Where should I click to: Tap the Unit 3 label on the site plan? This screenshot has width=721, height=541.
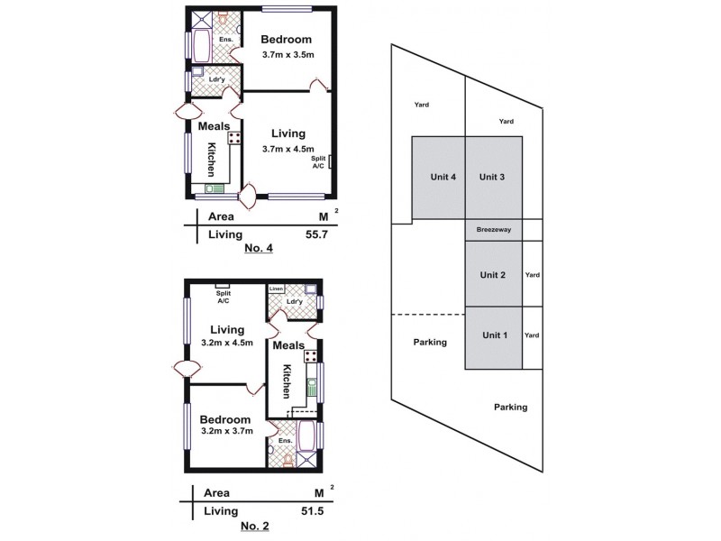pyautogui.click(x=493, y=177)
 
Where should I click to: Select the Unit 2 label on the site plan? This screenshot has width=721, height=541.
pyautogui.click(x=493, y=275)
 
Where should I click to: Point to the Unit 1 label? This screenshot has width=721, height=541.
pyautogui.click(x=495, y=335)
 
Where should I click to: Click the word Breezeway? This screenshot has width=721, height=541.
pyautogui.click(x=494, y=231)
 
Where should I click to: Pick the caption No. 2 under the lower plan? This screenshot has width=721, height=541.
pyautogui.click(x=253, y=525)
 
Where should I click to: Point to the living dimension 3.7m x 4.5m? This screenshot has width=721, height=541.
pyautogui.click(x=287, y=149)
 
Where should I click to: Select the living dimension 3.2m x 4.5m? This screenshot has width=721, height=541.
pyautogui.click(x=225, y=344)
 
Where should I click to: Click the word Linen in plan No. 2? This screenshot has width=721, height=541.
pyautogui.click(x=276, y=289)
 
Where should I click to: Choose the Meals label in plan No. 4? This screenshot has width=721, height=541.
pyautogui.click(x=214, y=125)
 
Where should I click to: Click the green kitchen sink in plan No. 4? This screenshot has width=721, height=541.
pyautogui.click(x=215, y=188)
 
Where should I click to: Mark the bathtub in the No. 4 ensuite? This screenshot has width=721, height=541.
pyautogui.click(x=200, y=45)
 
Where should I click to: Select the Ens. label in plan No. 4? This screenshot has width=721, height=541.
pyautogui.click(x=226, y=40)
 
